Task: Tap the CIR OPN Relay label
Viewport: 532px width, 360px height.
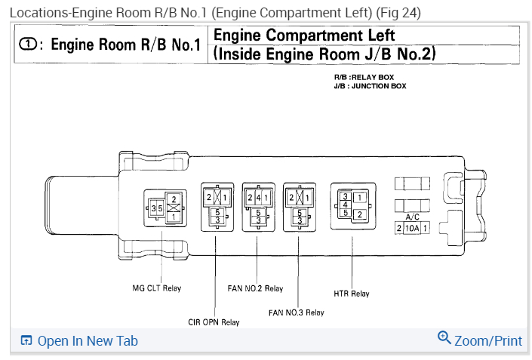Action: [214, 322]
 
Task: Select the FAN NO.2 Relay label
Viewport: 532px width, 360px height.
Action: [255, 288]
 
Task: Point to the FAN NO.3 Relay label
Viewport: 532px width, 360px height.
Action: [296, 312]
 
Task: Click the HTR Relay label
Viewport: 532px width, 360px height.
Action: [352, 294]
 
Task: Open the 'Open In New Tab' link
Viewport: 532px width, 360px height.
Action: [88, 341]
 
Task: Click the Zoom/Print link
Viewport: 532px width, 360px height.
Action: [488, 341]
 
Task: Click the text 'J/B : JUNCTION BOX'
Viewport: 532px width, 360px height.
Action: [370, 86]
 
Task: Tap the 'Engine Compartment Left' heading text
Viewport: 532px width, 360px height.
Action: [304, 35]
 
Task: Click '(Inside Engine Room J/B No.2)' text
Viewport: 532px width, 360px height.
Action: [325, 54]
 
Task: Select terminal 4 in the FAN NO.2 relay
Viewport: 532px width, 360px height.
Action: [259, 198]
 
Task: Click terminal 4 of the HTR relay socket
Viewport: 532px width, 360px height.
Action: [345, 205]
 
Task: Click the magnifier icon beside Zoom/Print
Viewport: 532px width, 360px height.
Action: [444, 338]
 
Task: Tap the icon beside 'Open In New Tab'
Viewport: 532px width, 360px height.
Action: [26, 341]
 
